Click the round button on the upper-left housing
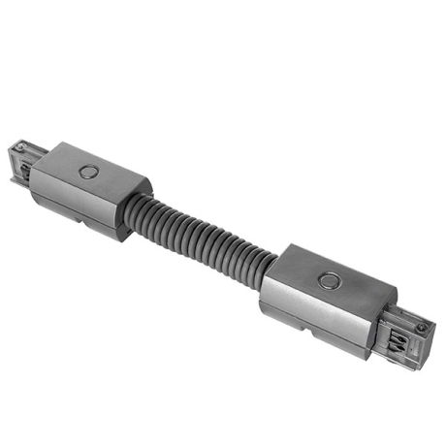(89, 172)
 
